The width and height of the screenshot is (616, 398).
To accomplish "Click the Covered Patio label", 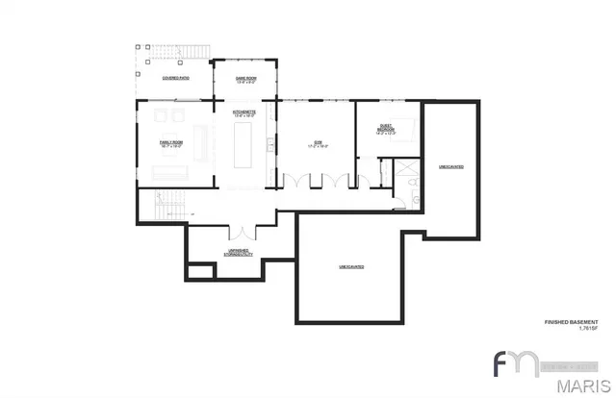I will point(174,77).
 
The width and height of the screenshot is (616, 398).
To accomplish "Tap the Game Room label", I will point(246,78).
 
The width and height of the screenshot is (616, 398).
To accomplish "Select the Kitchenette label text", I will point(243,112).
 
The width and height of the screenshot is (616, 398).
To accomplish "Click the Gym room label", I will point(318,143).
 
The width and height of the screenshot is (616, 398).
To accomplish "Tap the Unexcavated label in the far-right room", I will point(450,166).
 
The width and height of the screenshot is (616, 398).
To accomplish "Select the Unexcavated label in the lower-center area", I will point(351,265).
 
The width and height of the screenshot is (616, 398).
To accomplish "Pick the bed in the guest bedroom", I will point(405,130).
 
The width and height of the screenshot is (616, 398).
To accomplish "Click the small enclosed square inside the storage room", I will point(199,270).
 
